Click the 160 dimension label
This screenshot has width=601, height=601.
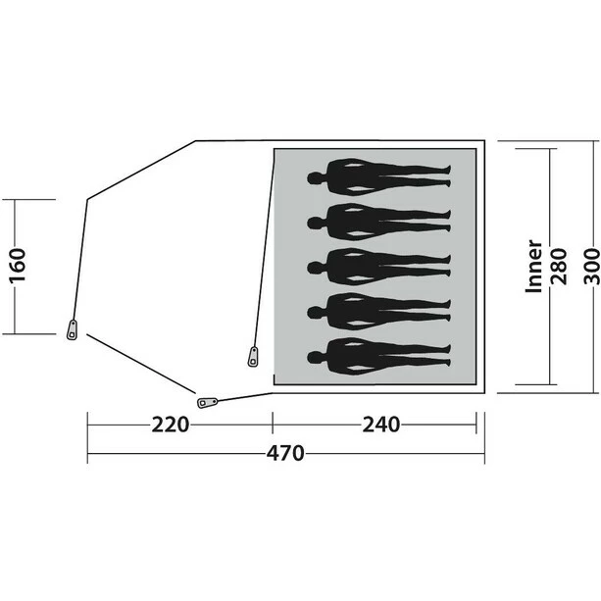pos(18,266)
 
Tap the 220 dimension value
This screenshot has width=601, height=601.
pos(171,425)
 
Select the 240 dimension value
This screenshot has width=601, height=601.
pos(381,425)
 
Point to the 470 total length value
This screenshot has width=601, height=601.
pos(285,453)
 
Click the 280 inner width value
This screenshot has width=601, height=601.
pos(559,267)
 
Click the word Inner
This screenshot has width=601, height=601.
pos(534,267)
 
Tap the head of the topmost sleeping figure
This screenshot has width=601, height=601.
pos(316,178)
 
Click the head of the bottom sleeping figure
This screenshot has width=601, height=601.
pos(316,357)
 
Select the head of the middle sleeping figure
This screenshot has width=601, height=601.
pos(316,268)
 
